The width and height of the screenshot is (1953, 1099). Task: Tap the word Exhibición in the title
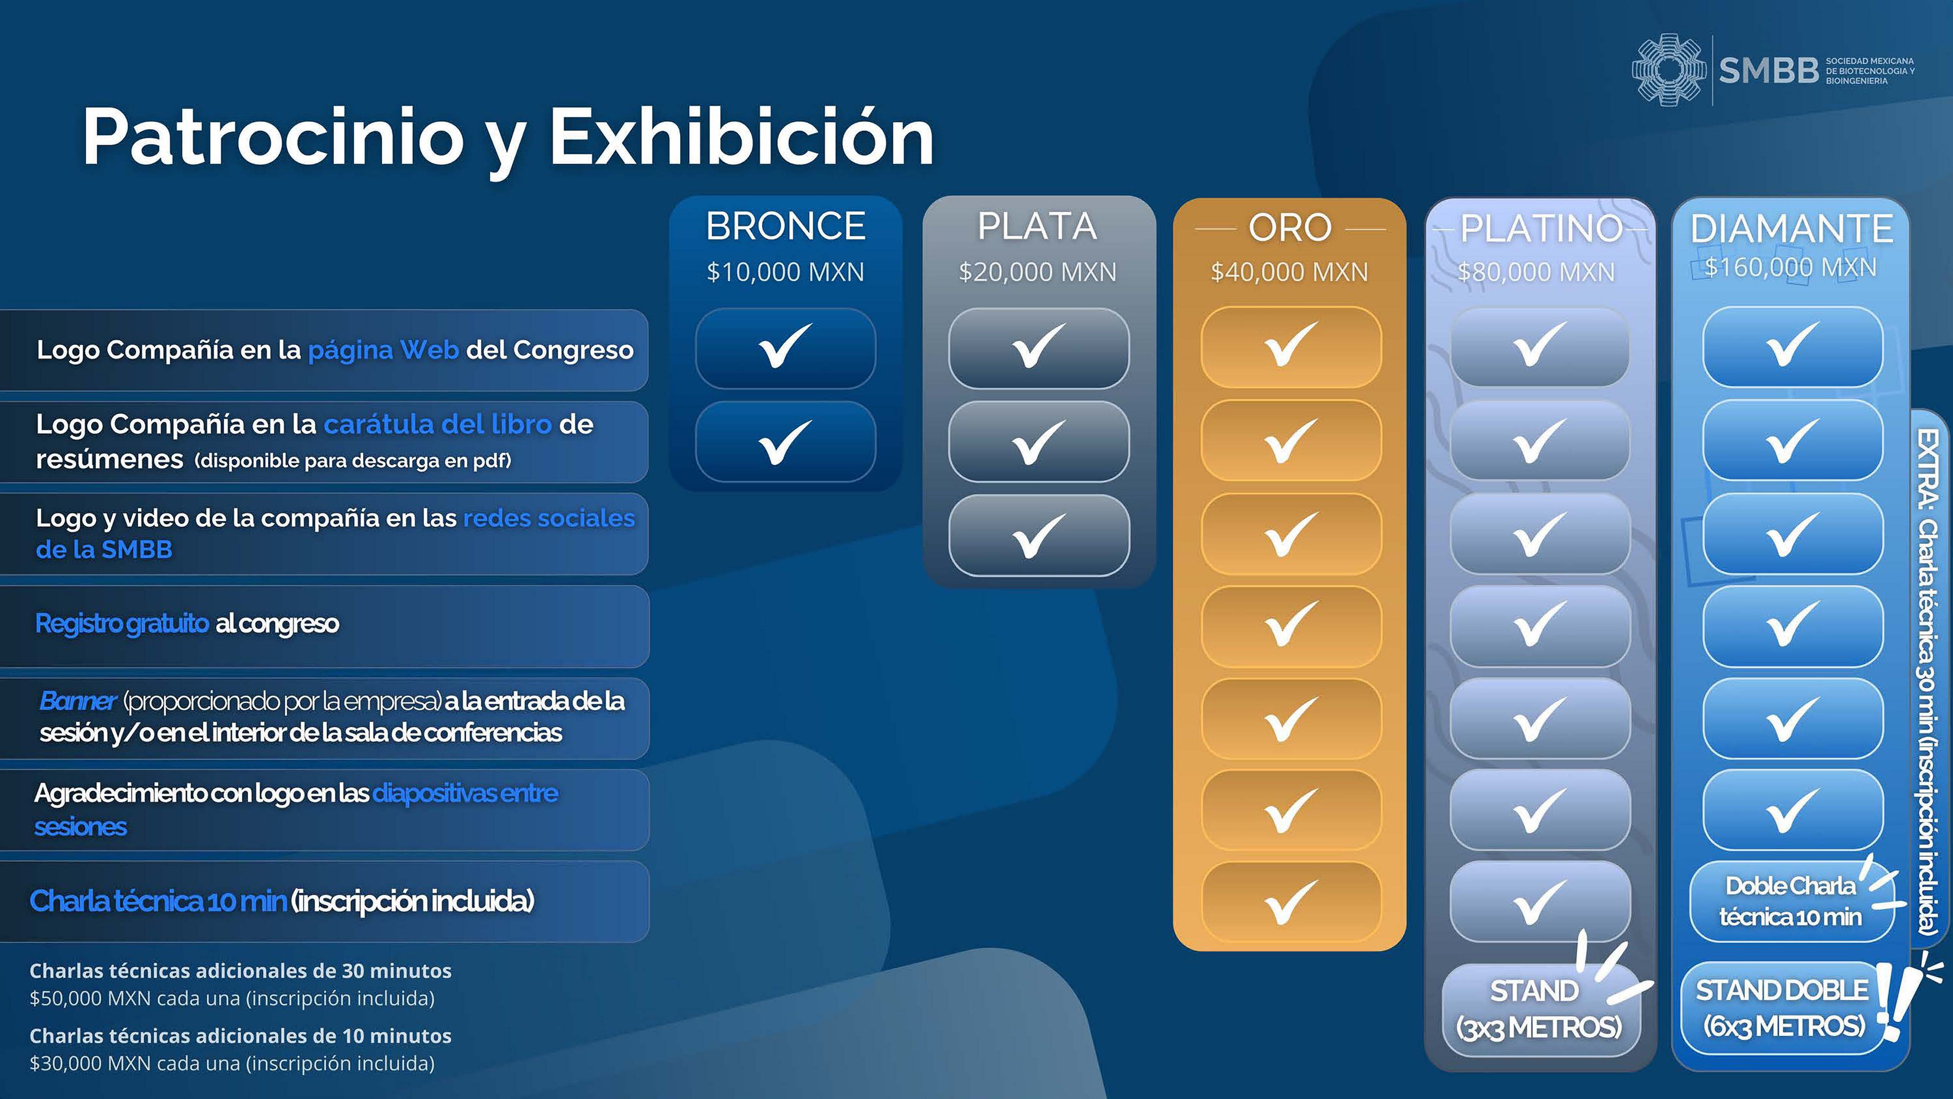click(742, 137)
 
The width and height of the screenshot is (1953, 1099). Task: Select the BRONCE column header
click(785, 226)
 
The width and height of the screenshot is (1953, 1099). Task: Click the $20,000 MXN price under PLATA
click(1037, 271)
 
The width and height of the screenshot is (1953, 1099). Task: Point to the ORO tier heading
click(1289, 227)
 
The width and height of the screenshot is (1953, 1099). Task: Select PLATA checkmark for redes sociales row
click(1039, 535)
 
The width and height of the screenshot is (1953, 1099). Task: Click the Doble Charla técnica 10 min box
click(1791, 901)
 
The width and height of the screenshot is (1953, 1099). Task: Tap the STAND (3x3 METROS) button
click(1539, 1009)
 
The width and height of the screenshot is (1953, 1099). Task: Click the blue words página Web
click(383, 350)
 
